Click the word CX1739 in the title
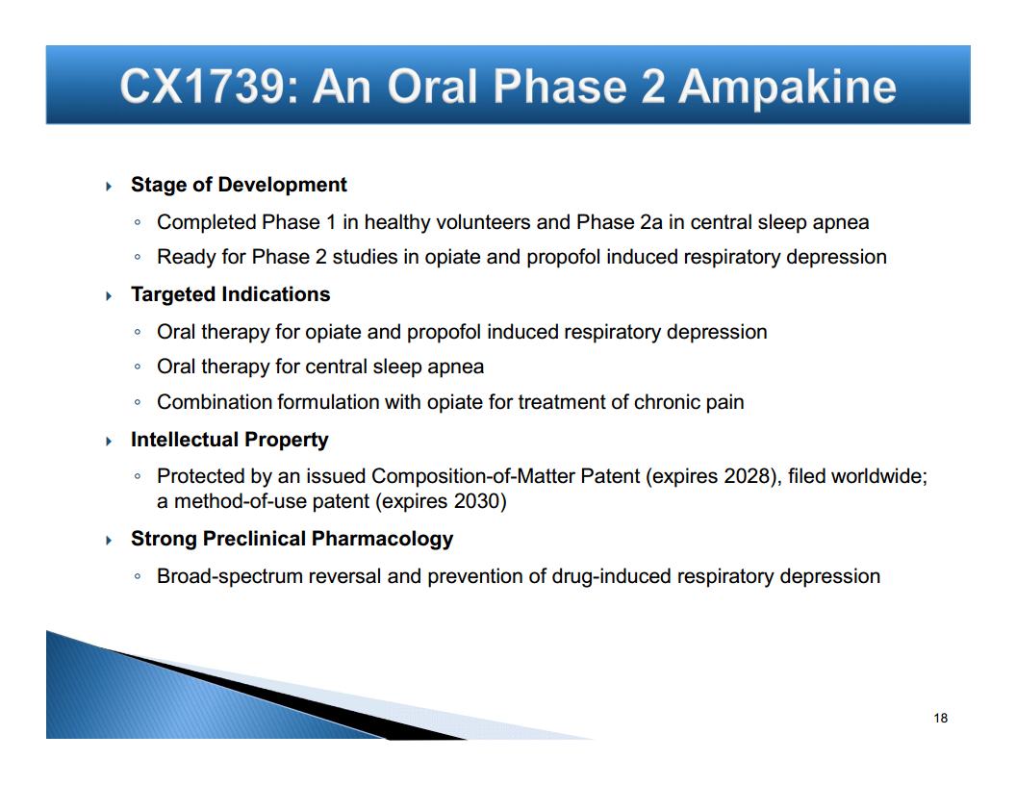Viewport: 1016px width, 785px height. point(202,86)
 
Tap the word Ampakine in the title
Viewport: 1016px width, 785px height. point(787,88)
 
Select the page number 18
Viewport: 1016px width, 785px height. point(941,718)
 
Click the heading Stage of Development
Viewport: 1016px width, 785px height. point(239,185)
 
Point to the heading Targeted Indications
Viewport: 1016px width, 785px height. point(230,294)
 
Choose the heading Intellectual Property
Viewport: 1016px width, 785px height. point(229,439)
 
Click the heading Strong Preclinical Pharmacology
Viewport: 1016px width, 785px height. point(292,539)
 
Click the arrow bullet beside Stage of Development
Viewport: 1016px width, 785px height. point(109,187)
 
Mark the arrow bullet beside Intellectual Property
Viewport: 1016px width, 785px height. point(109,441)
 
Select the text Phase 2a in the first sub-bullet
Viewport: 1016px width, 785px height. point(620,222)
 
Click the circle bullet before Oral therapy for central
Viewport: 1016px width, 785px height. point(138,367)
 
